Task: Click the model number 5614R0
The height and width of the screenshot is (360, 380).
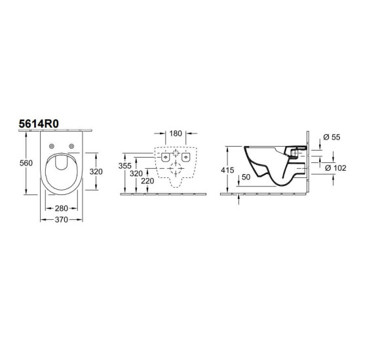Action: (39, 121)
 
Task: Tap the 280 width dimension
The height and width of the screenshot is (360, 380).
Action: (61, 207)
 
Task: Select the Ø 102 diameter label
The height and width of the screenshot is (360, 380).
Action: (337, 168)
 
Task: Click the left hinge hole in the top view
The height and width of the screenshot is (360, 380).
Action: (52, 146)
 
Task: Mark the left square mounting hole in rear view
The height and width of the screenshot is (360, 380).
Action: (164, 158)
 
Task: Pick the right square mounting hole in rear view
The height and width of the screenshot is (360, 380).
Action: (187, 158)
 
